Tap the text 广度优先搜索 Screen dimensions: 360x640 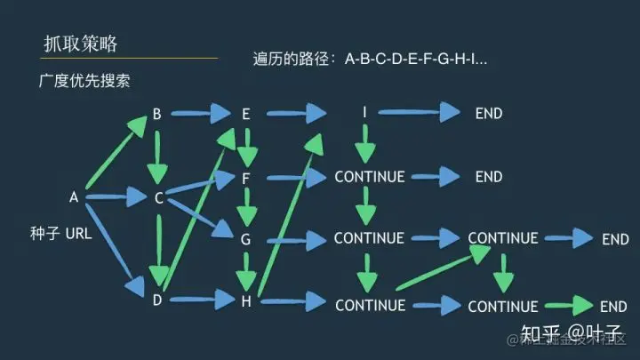coord(84,81)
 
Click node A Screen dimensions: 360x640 coord(75,196)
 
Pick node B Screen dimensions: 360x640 coord(156,114)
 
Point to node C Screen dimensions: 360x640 coord(159,197)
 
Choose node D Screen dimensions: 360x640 coord(156,300)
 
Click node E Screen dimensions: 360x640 coord(245,114)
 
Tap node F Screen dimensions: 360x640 coord(245,178)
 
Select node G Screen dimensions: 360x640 coord(245,238)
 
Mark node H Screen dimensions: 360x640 coord(245,300)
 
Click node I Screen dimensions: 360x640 coord(364,113)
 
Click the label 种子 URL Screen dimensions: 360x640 coord(60,234)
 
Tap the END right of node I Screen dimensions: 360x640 coord(489,113)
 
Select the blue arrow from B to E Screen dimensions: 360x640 coord(200,114)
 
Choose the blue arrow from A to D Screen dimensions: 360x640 coord(114,249)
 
